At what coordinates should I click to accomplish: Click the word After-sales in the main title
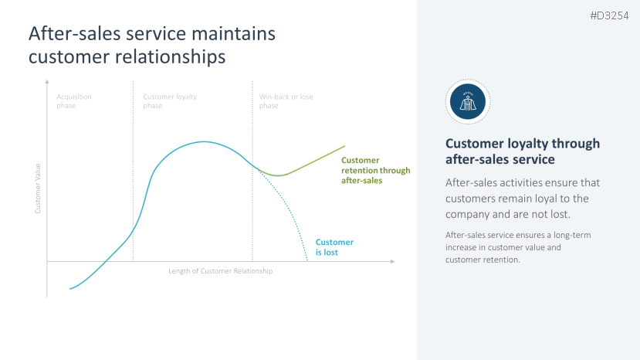[71, 34]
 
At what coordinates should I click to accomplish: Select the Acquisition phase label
[74, 101]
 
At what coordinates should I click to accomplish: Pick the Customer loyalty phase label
[170, 101]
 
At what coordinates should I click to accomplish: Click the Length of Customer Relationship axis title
[221, 271]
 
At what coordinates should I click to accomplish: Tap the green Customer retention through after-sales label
[375, 171]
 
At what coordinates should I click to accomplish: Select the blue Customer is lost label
[334, 247]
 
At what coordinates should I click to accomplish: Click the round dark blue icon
[468, 101]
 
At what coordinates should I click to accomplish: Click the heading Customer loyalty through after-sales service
[523, 151]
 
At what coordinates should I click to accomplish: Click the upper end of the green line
[344, 146]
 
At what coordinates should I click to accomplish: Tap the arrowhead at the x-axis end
[392, 262]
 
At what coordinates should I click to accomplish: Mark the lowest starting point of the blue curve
[70, 289]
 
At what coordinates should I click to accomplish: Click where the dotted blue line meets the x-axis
[307, 261]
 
